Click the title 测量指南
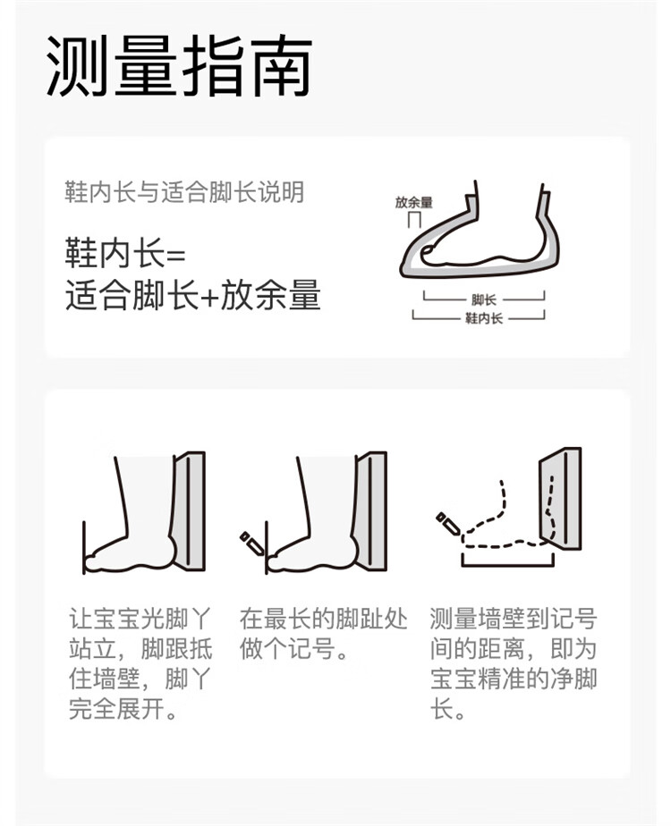[179, 66]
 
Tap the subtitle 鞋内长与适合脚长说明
[184, 191]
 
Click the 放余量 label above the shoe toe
[413, 202]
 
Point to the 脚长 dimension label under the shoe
[484, 299]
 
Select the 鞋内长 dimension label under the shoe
[484, 317]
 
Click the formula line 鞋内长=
[125, 253]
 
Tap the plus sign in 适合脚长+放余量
[209, 296]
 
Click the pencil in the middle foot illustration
[252, 544]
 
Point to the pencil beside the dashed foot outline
[448, 523]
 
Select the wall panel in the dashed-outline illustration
[560, 498]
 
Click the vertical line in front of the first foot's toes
[84, 547]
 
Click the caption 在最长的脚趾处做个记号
[324, 634]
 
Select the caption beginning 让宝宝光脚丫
[140, 663]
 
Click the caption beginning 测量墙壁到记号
[514, 663]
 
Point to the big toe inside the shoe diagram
[430, 255]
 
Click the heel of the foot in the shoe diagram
[538, 245]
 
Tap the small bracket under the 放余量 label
[414, 219]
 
